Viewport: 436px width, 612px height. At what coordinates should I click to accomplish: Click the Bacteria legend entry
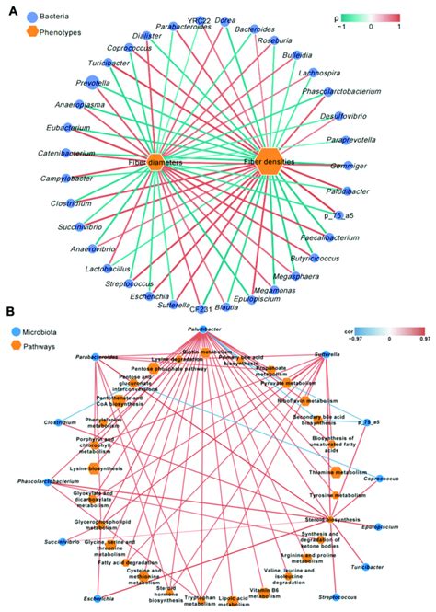click(43, 17)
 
